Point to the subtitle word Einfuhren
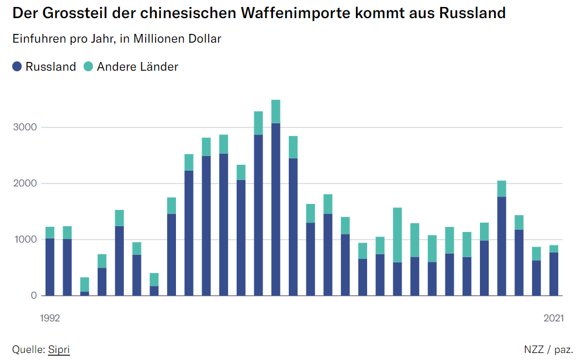pos(39,39)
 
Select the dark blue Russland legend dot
pos(18,67)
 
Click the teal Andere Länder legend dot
pos(88,67)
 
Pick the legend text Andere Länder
pos(137,67)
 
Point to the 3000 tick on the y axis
pos(26,127)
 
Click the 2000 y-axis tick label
pos(26,184)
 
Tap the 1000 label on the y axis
pos(26,240)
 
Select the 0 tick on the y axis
pos(34,296)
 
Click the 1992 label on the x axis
pos(50,319)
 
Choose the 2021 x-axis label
pos(554,319)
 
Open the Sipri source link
pos(59,349)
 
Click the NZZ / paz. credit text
pos(548,349)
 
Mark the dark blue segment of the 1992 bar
pos(50,266)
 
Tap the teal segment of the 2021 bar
pos(554,248)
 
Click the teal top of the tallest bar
pos(276,112)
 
